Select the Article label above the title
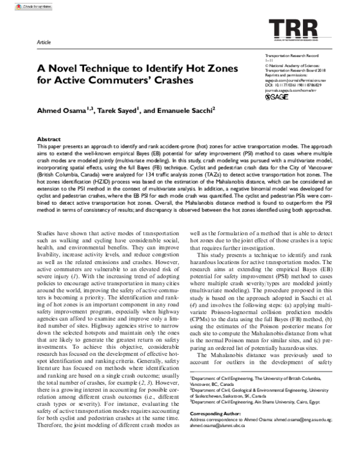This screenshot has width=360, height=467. point(44,44)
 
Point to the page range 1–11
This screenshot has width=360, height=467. point(268,60)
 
